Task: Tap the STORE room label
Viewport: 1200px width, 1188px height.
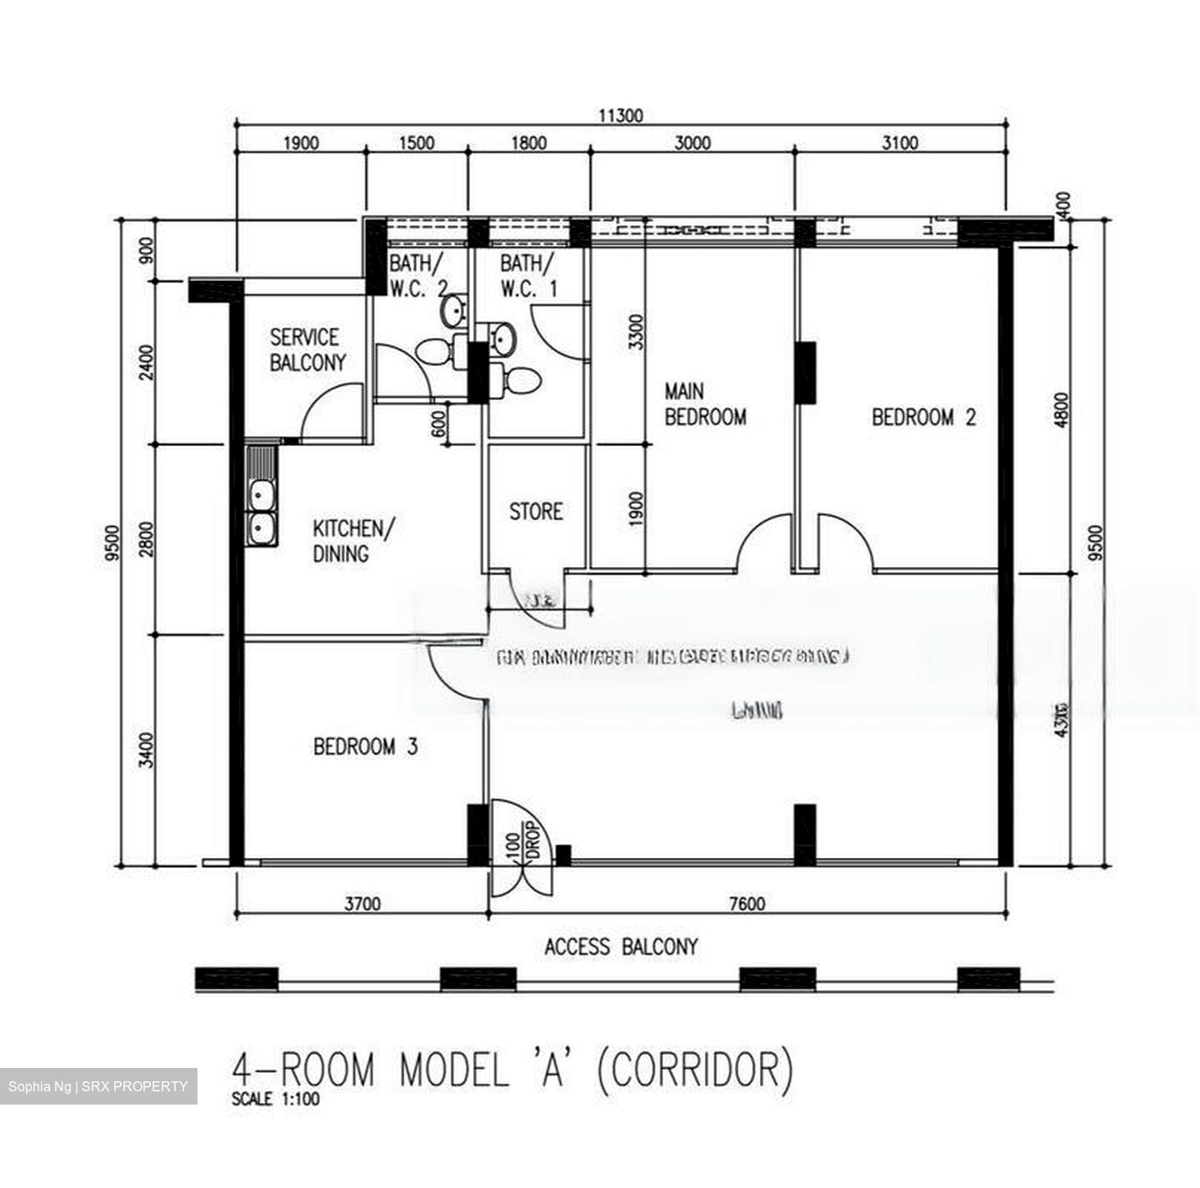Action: (x=536, y=511)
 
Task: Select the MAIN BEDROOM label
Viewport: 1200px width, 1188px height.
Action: (x=704, y=404)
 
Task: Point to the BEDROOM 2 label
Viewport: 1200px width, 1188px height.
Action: (x=923, y=417)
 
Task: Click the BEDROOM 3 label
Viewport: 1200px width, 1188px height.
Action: (x=365, y=746)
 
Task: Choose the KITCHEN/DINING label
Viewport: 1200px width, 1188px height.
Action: (x=353, y=541)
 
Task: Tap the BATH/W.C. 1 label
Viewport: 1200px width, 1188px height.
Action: (x=528, y=277)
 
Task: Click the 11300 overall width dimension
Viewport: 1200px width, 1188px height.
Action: (x=621, y=116)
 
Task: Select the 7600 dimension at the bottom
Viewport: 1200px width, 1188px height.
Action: (x=746, y=904)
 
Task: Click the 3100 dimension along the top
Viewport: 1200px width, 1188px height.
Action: (x=899, y=143)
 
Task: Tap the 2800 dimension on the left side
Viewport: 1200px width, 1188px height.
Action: (x=147, y=539)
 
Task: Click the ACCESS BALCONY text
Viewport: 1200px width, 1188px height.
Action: (x=621, y=947)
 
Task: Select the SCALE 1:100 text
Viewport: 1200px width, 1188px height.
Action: (x=275, y=1099)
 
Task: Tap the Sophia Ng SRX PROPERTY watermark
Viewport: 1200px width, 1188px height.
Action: (x=98, y=1086)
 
